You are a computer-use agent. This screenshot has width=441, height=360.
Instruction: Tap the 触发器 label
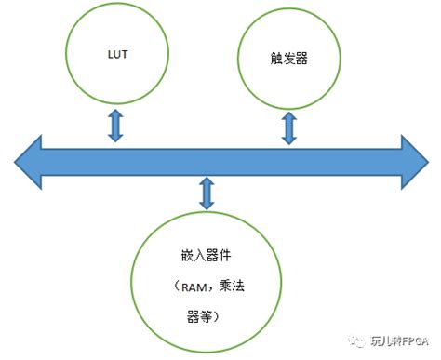tap(287, 58)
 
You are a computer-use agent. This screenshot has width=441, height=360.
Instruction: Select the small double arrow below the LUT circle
tap(115, 125)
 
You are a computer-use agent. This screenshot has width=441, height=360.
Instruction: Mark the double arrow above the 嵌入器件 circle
tap(207, 193)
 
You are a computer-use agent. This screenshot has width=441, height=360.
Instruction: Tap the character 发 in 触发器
tap(287, 58)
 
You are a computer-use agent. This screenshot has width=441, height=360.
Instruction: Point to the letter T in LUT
tap(126, 55)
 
